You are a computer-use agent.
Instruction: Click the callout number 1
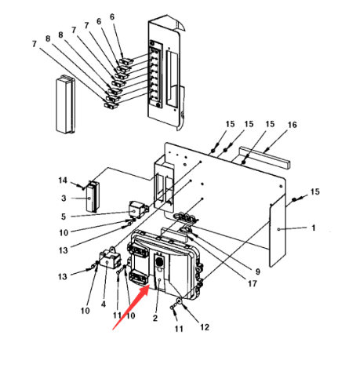click(314, 228)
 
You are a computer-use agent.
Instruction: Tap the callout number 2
click(155, 318)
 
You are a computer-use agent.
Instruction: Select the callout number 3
click(64, 198)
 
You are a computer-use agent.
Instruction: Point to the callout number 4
click(104, 304)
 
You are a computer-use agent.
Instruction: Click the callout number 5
click(64, 217)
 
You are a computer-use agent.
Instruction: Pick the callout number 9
click(258, 271)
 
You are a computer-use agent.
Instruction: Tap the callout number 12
click(205, 327)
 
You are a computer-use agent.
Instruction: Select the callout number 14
click(63, 180)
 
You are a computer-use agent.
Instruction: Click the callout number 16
click(293, 125)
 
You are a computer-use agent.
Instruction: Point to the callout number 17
click(253, 283)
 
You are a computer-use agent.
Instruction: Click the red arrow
click(131, 307)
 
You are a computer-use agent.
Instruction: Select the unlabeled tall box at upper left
click(65, 104)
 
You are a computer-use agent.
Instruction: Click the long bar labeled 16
click(264, 157)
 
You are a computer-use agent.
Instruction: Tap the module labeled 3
click(93, 196)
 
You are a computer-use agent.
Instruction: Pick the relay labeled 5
click(139, 210)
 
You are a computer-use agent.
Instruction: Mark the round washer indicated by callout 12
click(180, 301)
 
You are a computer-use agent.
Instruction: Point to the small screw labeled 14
click(82, 187)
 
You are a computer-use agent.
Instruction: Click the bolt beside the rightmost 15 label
click(294, 199)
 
